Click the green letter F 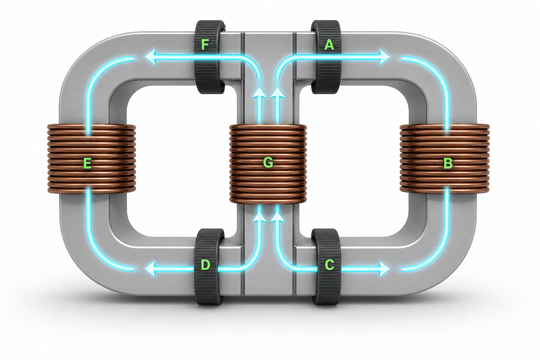(x=205, y=45)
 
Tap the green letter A (x=329, y=45)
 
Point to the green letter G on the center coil (x=268, y=163)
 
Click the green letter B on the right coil (x=448, y=163)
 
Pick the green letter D (x=205, y=265)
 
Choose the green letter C (x=329, y=265)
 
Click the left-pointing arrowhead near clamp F (x=150, y=57)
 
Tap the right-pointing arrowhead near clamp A (x=384, y=57)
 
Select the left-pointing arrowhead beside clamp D (x=150, y=269)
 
